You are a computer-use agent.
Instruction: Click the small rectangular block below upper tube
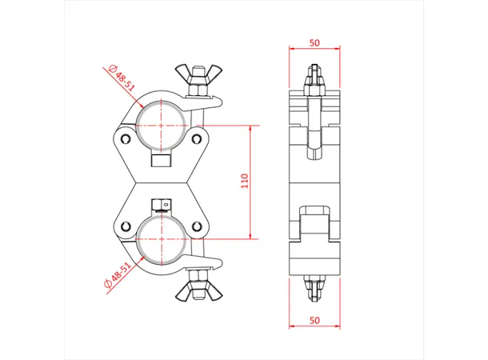(161, 160)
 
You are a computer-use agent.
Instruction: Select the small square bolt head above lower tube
(162, 204)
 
